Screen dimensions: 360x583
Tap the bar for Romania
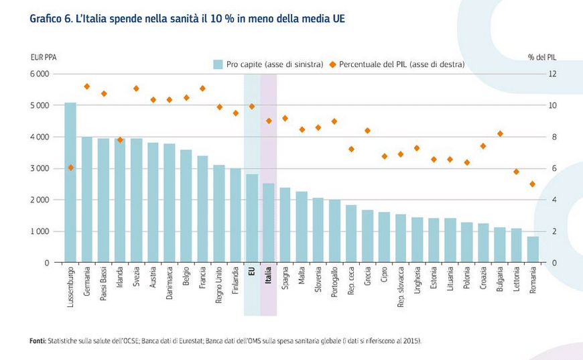click(x=533, y=249)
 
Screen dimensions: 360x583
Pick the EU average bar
click(x=252, y=218)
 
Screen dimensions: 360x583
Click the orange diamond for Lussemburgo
click(x=70, y=168)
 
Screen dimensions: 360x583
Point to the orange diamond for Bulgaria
click(x=500, y=134)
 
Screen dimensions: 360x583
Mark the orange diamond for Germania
click(x=87, y=86)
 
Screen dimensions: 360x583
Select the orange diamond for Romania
click(x=533, y=184)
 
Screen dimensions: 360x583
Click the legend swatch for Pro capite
click(x=218, y=64)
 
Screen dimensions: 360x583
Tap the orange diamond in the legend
click(x=331, y=64)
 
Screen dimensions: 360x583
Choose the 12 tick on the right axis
click(x=554, y=74)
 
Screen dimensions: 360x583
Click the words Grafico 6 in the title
click(x=50, y=19)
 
